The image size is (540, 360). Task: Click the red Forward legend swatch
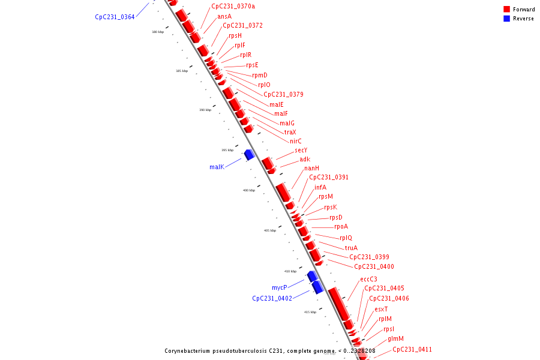pyautogui.click(x=507, y=9)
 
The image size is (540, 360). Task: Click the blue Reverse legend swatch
pyautogui.click(x=507, y=19)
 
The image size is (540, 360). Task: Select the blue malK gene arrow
pyautogui.click(x=249, y=154)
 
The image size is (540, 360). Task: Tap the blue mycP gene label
pyautogui.click(x=279, y=287)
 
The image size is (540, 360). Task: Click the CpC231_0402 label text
pyautogui.click(x=272, y=298)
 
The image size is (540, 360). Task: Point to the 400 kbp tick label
pyautogui.click(x=249, y=190)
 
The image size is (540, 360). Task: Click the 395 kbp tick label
pyautogui.click(x=227, y=150)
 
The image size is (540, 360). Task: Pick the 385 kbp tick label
pyautogui.click(x=182, y=71)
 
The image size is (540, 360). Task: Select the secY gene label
pyautogui.click(x=301, y=150)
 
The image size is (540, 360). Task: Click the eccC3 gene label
pyautogui.click(x=368, y=279)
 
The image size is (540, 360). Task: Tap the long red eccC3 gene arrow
pyautogui.click(x=340, y=303)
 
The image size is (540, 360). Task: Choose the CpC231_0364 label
pyautogui.click(x=115, y=17)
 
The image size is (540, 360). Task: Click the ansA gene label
pyautogui.click(x=224, y=16)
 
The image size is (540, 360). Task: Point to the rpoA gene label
pyautogui.click(x=341, y=226)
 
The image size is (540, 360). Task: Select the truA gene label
pyautogui.click(x=351, y=248)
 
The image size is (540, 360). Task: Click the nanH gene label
pyautogui.click(x=311, y=168)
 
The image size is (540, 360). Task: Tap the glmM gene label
pyautogui.click(x=395, y=338)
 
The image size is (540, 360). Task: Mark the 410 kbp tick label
pyautogui.click(x=290, y=271)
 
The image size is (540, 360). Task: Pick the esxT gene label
pyautogui.click(x=381, y=309)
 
